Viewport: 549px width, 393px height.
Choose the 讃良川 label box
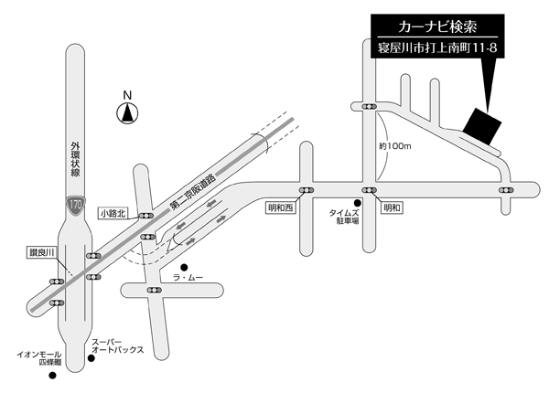[x=41, y=251]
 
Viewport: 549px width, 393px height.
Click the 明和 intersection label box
[x=392, y=208]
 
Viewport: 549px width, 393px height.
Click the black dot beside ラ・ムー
[x=184, y=267]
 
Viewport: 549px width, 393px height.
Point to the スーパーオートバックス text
[x=116, y=345]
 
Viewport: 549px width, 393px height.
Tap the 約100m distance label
[x=396, y=146]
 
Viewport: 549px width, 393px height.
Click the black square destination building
[x=482, y=125]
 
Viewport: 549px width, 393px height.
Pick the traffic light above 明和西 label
[x=304, y=190]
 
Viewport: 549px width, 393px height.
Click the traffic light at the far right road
[x=507, y=190]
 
